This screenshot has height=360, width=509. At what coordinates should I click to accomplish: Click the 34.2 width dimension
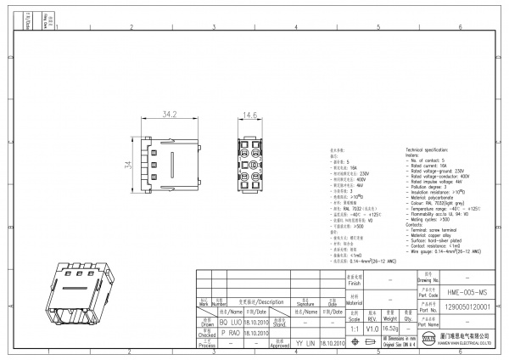pyautogui.click(x=170, y=114)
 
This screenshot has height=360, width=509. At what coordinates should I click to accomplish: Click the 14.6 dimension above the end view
pyautogui.click(x=250, y=115)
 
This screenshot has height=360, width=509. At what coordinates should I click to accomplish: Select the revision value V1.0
pyautogui.click(x=372, y=328)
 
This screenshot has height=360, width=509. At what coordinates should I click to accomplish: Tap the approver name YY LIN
pyautogui.click(x=305, y=343)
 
